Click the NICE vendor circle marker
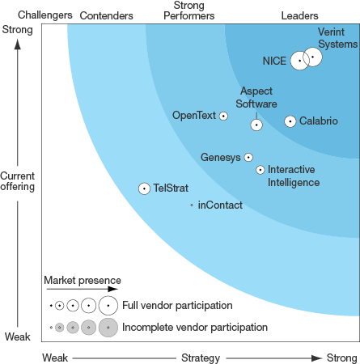pos(299,61)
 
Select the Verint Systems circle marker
pos(312,57)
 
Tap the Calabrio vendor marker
pos(290,121)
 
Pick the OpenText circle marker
pos(223,116)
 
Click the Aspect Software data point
pos(256,125)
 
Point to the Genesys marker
pos(248,157)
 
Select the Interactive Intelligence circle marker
pos(260,170)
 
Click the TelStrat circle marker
pos(144,188)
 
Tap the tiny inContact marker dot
pos(192,205)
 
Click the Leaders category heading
pos(299,15)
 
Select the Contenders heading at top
pos(106,15)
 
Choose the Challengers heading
pos(45,15)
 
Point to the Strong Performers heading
pos(189,11)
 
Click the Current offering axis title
pos(18,181)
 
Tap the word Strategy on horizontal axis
pos(201,358)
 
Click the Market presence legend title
pos(83,281)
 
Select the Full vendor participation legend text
pos(177,306)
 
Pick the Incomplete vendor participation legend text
pos(195,328)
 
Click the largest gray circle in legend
pos(108,328)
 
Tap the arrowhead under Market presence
pos(113,289)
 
